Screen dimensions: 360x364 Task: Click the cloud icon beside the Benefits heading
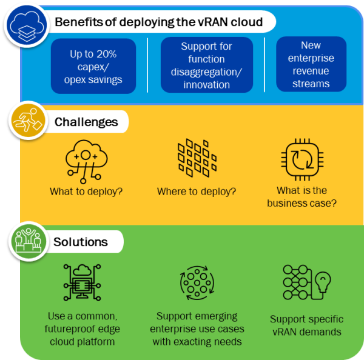[x=24, y=24]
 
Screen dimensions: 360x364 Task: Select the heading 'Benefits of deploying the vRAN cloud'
[x=158, y=22]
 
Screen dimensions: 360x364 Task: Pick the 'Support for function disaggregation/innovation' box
[x=206, y=65]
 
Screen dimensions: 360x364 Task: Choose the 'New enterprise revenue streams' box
[x=311, y=65]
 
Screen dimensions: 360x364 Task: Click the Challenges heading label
[x=86, y=122]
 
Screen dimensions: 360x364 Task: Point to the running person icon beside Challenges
[x=25, y=121]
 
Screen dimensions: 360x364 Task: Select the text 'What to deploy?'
[x=86, y=192]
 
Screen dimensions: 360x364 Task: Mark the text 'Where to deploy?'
[x=197, y=192]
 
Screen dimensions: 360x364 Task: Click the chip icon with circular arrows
[x=302, y=160]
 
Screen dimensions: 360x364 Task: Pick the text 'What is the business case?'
[x=302, y=197]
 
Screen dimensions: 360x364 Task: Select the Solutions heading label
[x=81, y=242]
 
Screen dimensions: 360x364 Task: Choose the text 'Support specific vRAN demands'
[x=306, y=325]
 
